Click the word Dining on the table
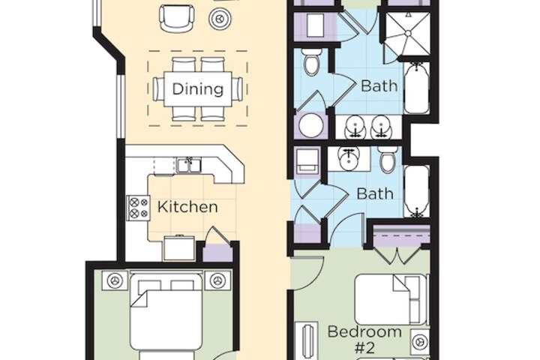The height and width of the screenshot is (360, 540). point(198,89)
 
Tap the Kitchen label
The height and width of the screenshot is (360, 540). point(187,207)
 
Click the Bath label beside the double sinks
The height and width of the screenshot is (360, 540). point(379,85)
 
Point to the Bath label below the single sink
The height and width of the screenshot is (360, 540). point(374,193)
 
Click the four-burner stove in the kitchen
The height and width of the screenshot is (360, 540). point(138,207)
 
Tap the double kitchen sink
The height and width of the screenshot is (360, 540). point(188,165)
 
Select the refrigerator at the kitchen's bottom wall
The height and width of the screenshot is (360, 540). point(179,248)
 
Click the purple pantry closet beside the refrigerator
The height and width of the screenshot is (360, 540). point(218,251)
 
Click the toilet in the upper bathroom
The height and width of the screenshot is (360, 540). point(312,61)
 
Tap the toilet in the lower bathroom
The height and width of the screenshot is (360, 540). point(387,161)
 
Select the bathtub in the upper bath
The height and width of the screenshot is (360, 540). point(416,87)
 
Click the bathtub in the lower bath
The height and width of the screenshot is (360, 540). point(416,191)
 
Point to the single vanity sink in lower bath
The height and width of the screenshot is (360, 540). point(347,158)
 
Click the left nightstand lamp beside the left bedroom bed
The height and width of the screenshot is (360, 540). point(114,280)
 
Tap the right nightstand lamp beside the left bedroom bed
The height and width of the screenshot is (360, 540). point(217,280)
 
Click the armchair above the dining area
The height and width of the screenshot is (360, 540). point(177,16)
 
